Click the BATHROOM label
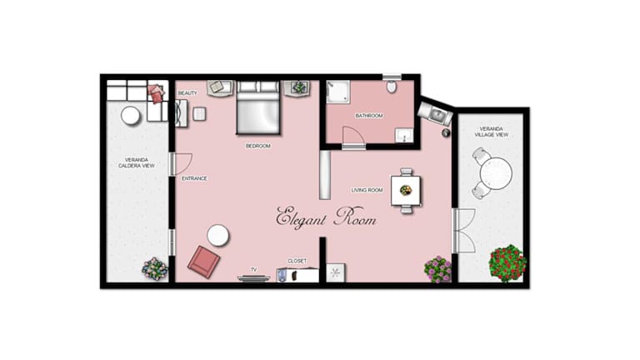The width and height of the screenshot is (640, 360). click(369, 116)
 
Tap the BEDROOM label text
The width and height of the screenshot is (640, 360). click(258, 146)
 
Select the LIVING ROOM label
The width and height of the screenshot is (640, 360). click(367, 190)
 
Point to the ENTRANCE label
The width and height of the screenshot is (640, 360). click(194, 178)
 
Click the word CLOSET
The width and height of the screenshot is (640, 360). click(297, 261)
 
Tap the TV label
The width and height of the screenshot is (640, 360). click(254, 270)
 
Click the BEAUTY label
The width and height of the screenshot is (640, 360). click(187, 93)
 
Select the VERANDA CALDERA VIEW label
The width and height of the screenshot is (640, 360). click(137, 162)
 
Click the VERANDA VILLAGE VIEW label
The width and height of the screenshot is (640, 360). click(492, 132)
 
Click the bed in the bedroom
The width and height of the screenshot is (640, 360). click(258, 107)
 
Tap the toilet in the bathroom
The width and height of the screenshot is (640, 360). click(392, 86)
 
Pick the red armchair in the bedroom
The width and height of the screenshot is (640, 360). click(203, 262)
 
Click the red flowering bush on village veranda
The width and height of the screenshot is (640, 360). click(507, 262)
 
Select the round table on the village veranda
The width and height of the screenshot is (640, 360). click(496, 173)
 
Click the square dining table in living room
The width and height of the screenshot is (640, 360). click(406, 190)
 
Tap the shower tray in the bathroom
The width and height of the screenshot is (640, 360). click(338, 92)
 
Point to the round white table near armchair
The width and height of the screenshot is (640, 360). click(217, 236)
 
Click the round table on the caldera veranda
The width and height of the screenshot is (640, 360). click(131, 116)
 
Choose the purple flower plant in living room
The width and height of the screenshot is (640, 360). click(438, 269)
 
